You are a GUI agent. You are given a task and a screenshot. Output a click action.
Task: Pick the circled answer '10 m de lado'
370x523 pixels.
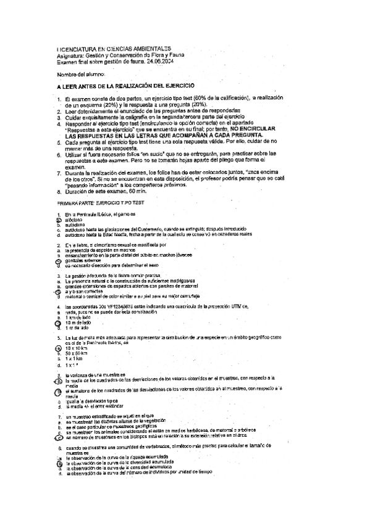(77, 321)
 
